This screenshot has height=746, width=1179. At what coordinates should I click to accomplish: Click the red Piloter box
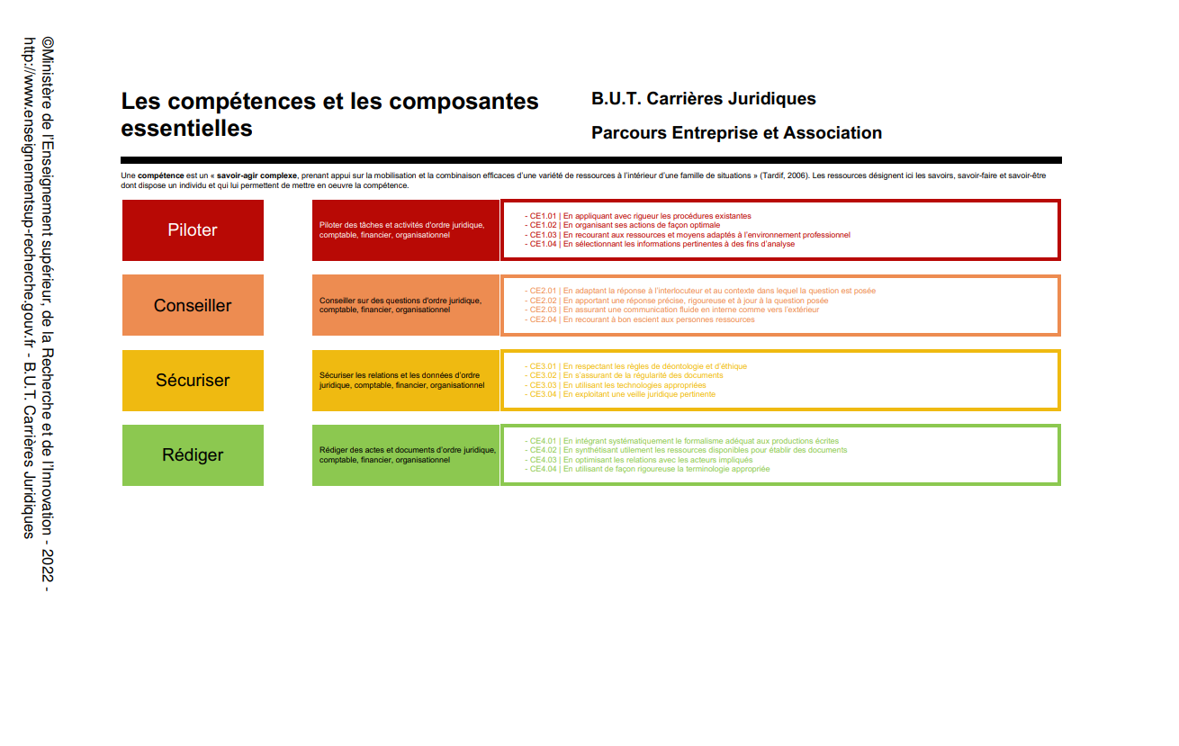coord(193,230)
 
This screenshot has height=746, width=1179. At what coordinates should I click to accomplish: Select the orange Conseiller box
coord(193,305)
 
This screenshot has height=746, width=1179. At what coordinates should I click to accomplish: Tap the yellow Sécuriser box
coord(193,380)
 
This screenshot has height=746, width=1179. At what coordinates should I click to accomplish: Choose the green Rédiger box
coord(193,455)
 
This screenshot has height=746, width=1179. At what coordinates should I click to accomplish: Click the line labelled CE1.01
coord(639,216)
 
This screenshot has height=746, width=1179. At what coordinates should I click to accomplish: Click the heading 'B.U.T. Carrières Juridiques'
coord(704,99)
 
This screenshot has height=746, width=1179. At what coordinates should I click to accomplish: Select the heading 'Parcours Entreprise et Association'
coord(736,133)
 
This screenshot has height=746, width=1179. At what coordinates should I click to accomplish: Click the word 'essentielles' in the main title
coord(186,129)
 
